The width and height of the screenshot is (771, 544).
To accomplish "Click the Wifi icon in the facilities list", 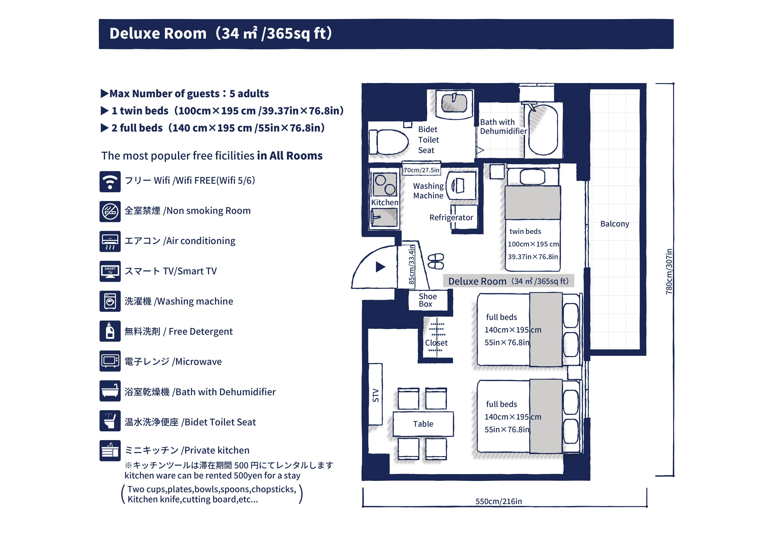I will point(110,182).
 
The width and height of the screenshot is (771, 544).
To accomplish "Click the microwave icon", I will point(110,361).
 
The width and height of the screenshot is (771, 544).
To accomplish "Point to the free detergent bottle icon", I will point(110,331).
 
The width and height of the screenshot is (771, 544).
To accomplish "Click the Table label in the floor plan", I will point(423,424).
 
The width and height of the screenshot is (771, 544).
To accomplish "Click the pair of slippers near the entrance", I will point(436,261).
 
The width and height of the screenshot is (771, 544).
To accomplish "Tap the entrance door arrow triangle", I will point(380,267).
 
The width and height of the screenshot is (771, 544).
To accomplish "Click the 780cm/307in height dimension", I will point(669,272).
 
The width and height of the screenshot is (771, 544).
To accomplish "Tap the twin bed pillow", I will point(532,177).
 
